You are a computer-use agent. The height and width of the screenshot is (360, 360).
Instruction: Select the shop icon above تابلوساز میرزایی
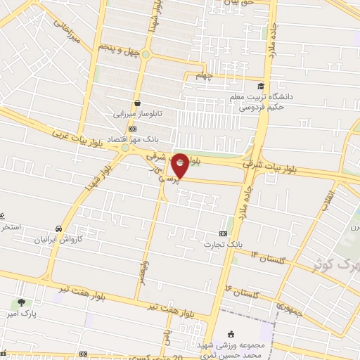138,101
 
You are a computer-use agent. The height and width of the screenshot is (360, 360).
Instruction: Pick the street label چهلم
203,75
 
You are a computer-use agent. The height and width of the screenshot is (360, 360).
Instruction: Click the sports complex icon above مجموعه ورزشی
233,335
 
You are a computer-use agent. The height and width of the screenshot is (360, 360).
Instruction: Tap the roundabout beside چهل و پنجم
146,54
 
